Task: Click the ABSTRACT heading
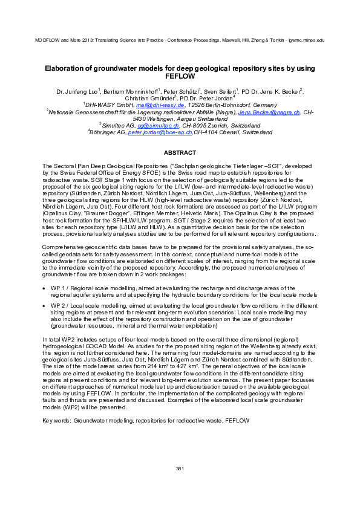tap(180, 154)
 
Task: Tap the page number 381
tap(179, 469)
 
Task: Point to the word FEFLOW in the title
tap(180, 77)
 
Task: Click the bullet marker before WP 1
tap(45, 288)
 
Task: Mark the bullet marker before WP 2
tap(45, 306)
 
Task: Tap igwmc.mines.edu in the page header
tap(307, 39)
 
